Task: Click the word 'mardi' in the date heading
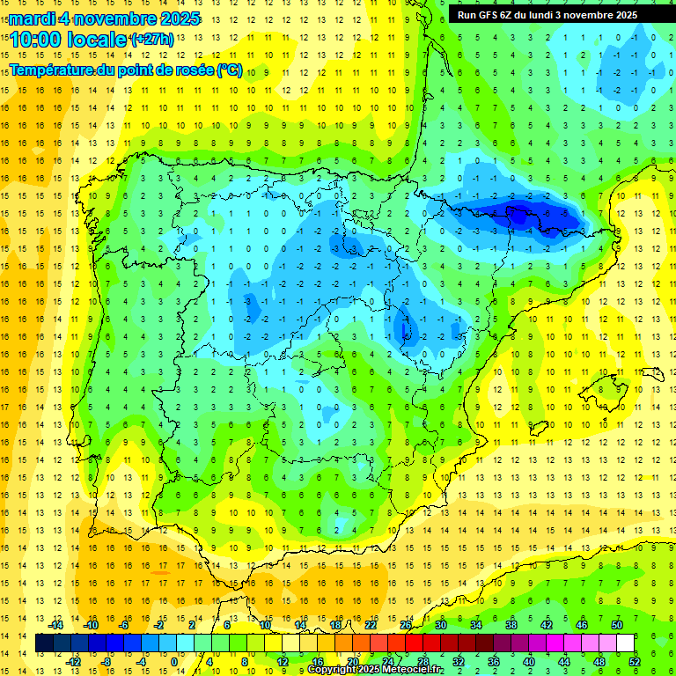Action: pyautogui.click(x=33, y=18)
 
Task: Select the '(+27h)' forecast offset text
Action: pyautogui.click(x=152, y=39)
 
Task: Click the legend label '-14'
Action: pyautogui.click(x=55, y=625)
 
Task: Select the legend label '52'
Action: pyautogui.click(x=635, y=662)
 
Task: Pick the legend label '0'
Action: pyautogui.click(x=175, y=662)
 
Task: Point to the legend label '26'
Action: pyautogui.click(x=406, y=625)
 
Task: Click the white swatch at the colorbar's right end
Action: pyautogui.click(x=626, y=643)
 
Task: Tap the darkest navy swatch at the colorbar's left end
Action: pyautogui.click(x=44, y=643)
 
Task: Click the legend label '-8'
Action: pyautogui.click(x=107, y=662)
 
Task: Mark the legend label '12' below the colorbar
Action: pyautogui.click(x=282, y=662)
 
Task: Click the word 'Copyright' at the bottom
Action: pyautogui.click(x=332, y=670)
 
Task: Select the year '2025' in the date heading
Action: pyautogui.click(x=179, y=18)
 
